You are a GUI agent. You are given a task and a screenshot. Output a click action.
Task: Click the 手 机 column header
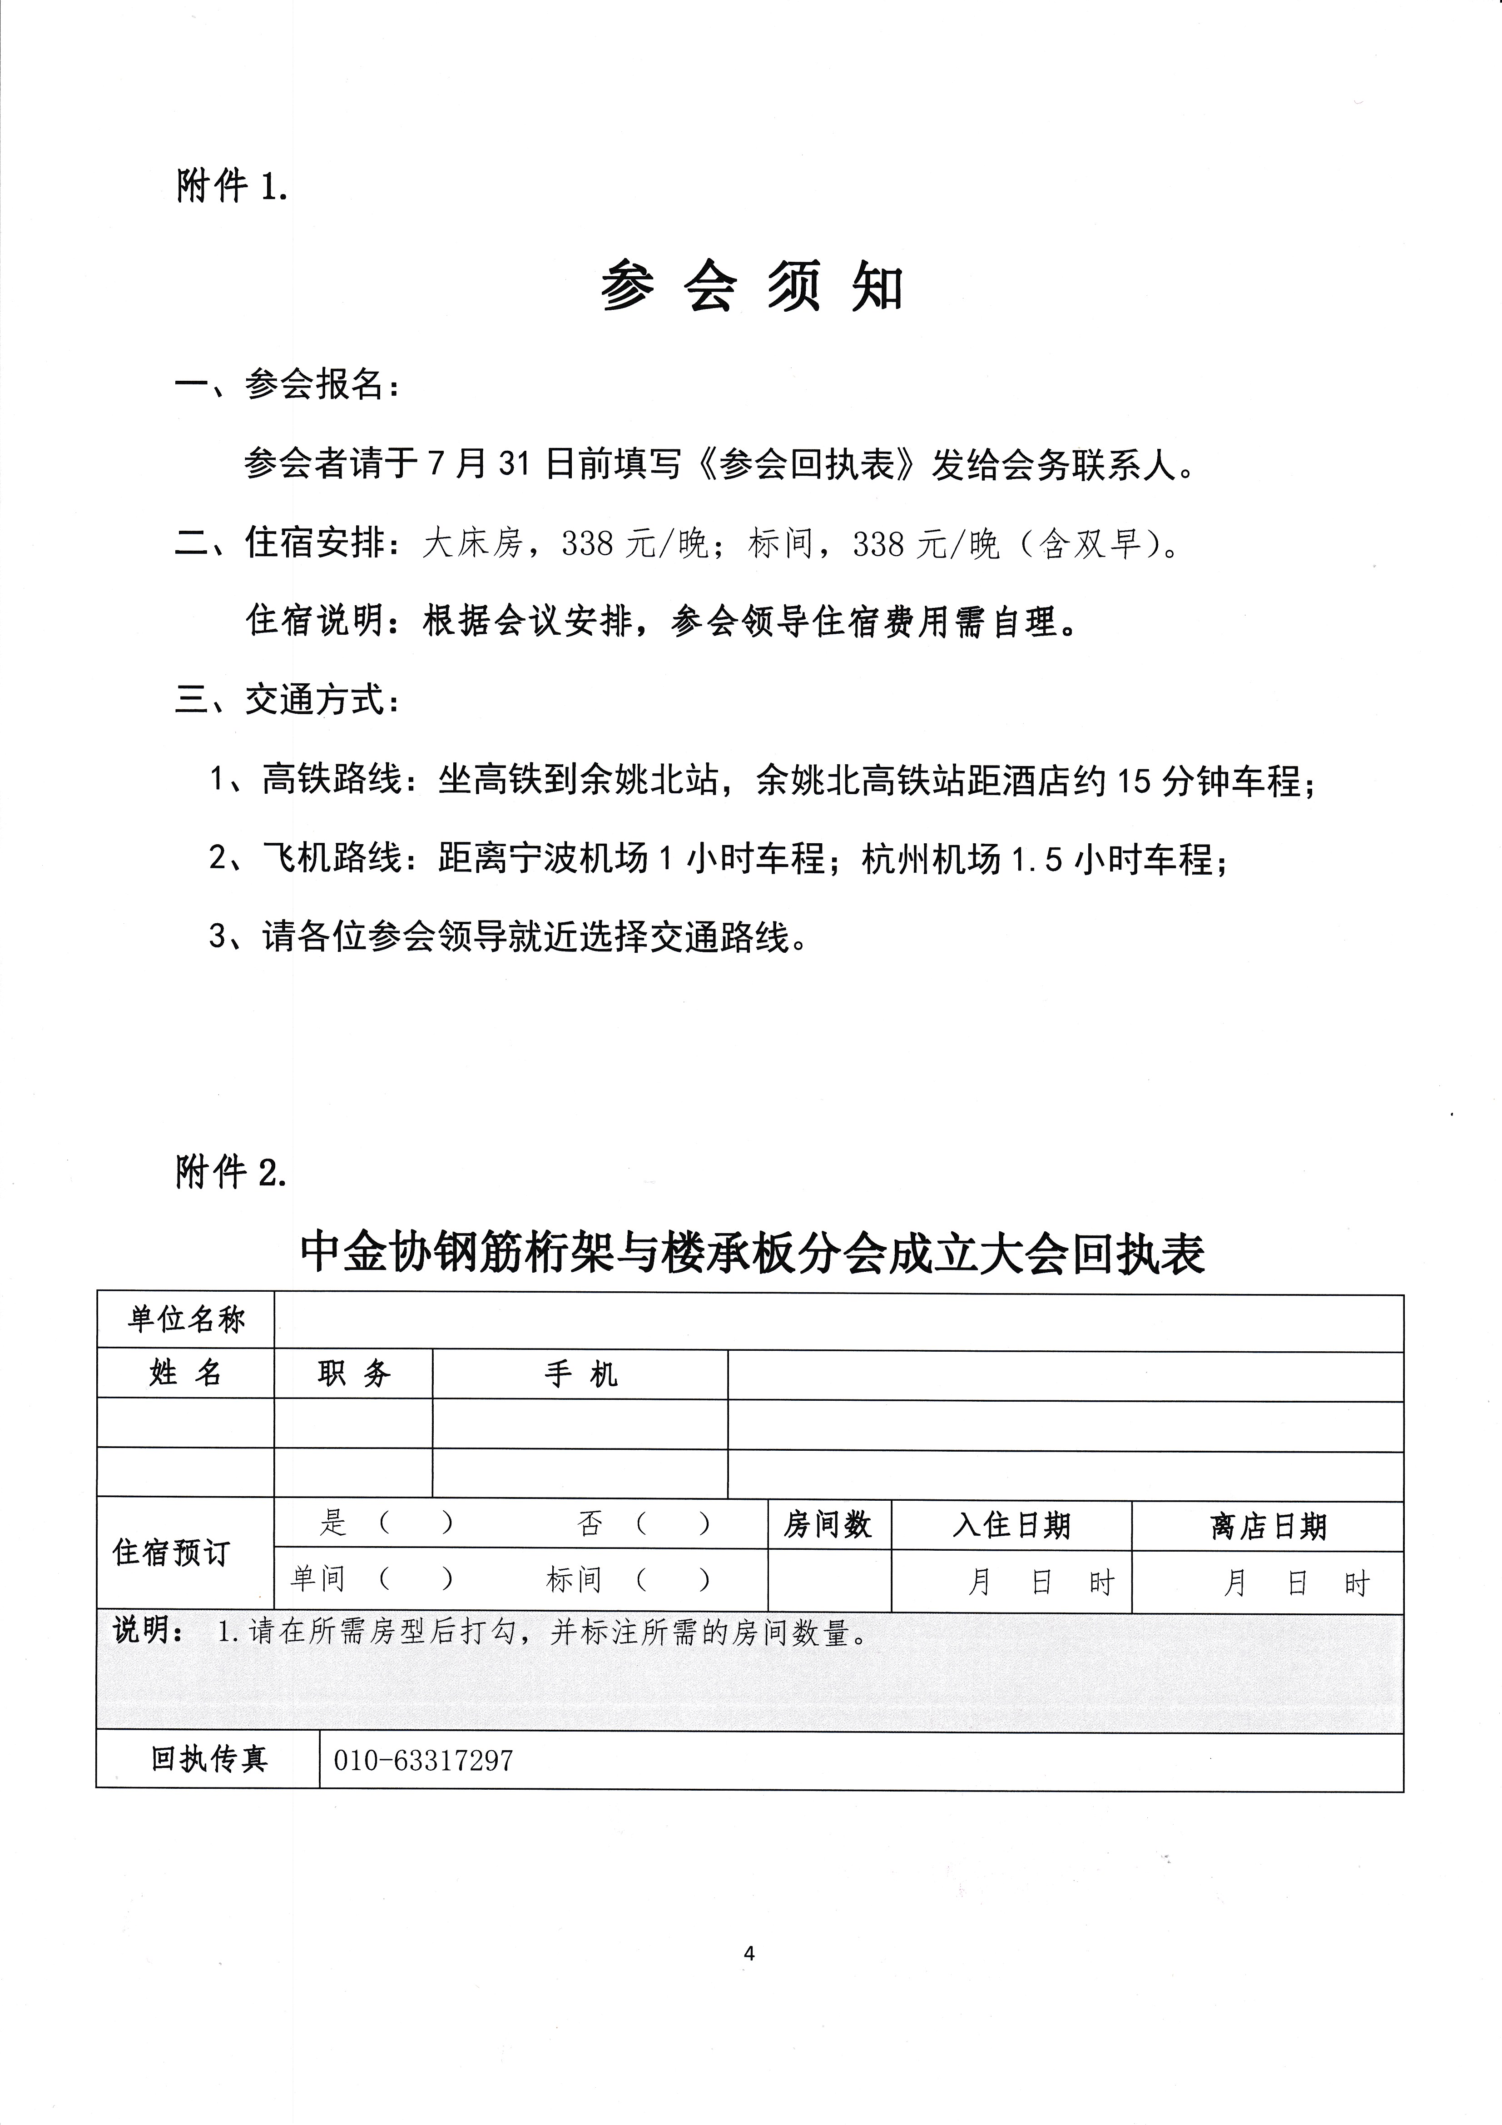coord(580,1374)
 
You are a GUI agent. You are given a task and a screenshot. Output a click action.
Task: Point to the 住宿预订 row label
coord(171,1553)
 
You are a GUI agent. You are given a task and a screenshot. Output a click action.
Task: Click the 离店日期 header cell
coord(1268,1526)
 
